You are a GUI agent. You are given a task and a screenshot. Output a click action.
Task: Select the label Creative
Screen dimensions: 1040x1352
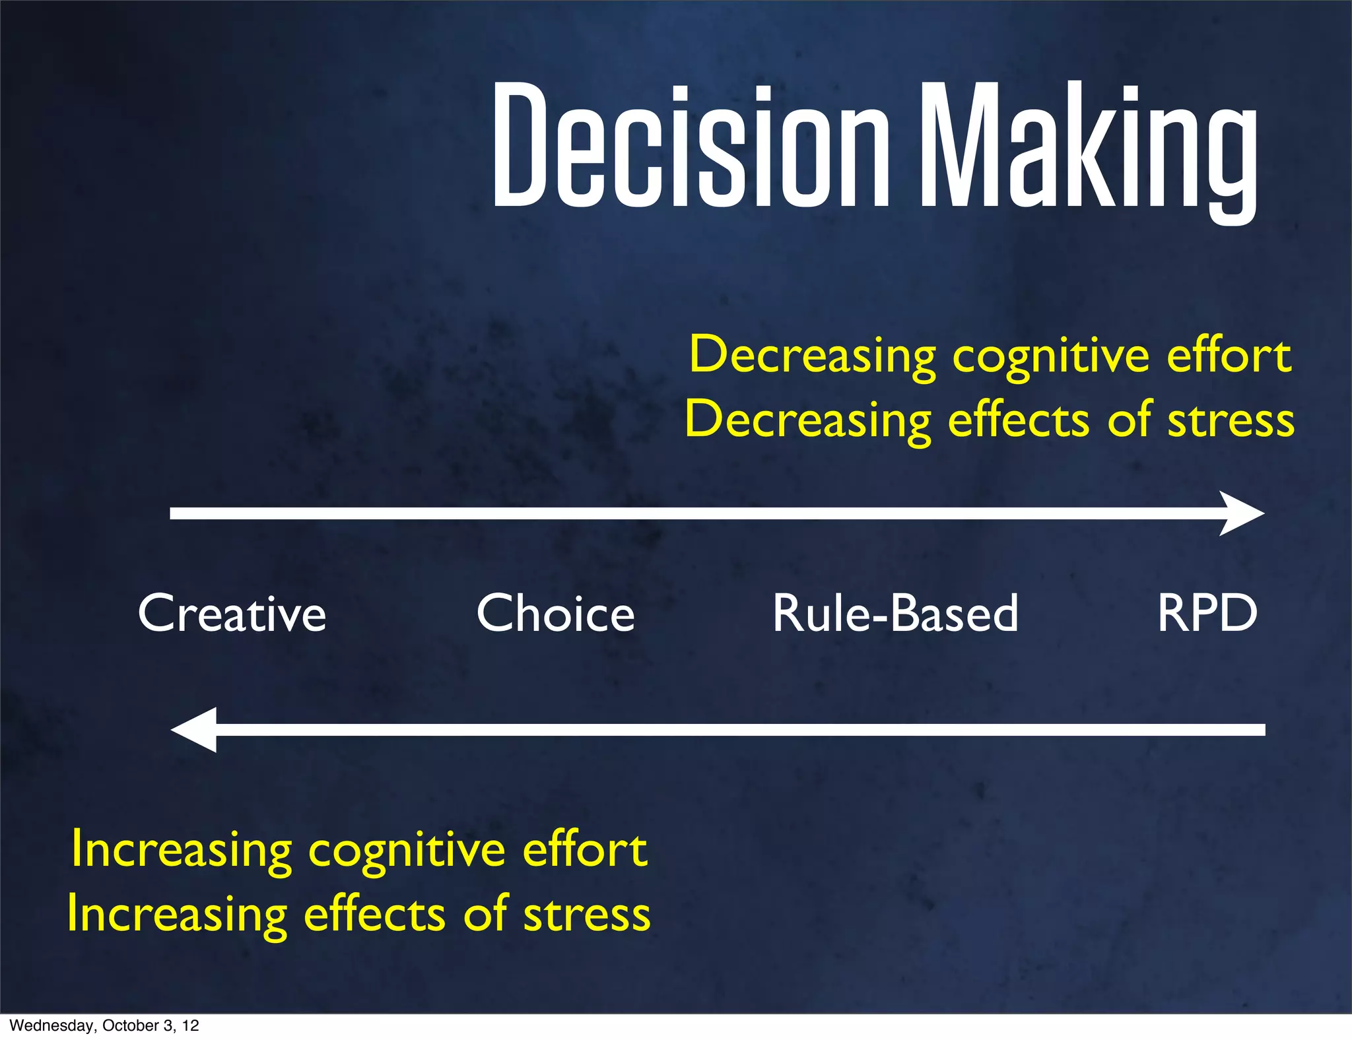point(232,614)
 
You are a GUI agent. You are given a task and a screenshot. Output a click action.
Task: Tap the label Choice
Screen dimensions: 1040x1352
point(555,614)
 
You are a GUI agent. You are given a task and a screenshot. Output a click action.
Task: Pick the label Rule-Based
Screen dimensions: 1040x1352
point(895,614)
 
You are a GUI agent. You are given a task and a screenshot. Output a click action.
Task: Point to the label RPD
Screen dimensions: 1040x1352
point(1207,614)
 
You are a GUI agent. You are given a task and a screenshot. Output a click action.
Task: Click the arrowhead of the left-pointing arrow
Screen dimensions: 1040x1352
point(195,729)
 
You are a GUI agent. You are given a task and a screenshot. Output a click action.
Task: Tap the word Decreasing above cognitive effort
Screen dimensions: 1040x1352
point(812,356)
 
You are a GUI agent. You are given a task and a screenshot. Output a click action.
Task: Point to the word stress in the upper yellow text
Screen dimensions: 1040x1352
point(1231,421)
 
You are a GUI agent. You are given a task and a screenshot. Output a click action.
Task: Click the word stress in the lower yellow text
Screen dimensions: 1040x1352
point(587,915)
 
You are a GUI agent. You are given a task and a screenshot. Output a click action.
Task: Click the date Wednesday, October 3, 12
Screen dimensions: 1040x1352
point(104,1025)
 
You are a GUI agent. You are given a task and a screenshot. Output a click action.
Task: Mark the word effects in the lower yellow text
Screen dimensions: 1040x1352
point(374,915)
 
